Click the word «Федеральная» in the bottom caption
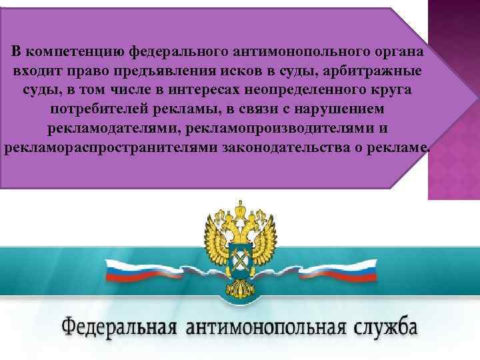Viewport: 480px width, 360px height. (121, 329)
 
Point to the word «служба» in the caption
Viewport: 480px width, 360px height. (387, 327)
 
